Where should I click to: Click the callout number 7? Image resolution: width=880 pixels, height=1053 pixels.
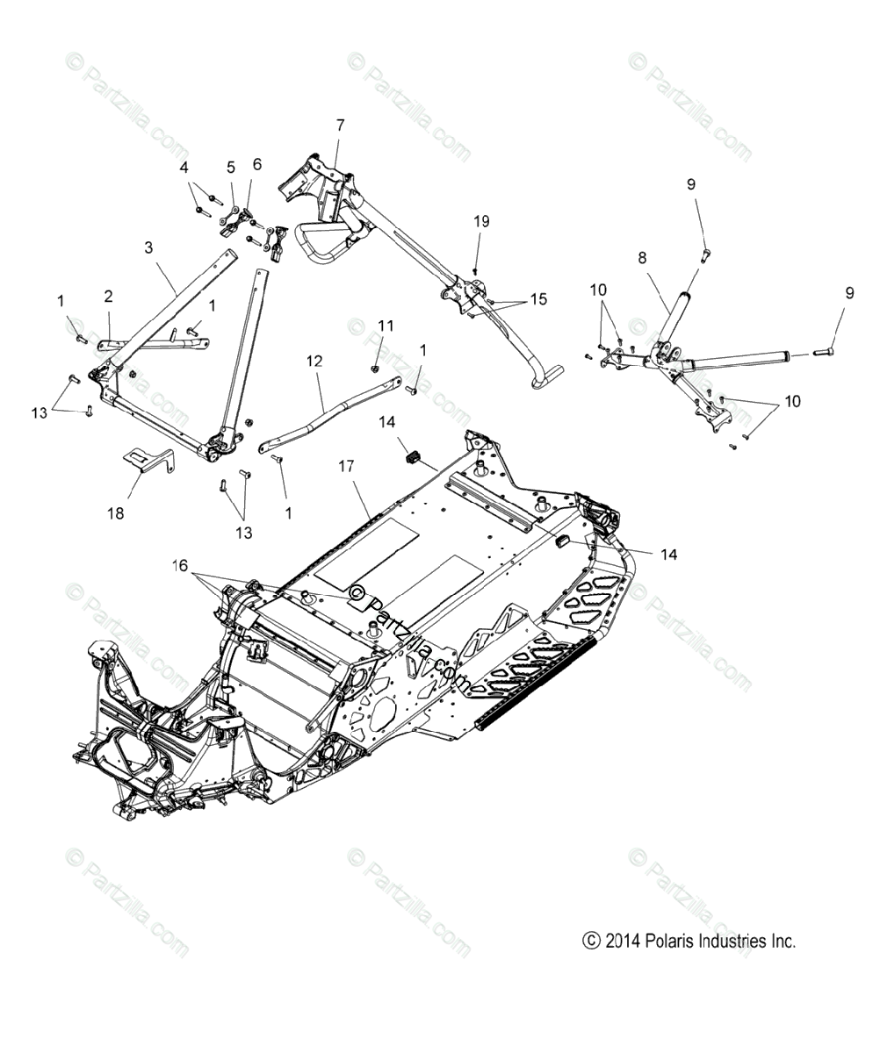(340, 125)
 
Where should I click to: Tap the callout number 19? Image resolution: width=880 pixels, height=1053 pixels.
(481, 222)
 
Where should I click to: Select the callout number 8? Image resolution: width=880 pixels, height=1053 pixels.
(642, 258)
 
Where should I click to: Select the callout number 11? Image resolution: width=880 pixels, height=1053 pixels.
(385, 326)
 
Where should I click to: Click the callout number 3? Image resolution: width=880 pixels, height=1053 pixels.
(148, 249)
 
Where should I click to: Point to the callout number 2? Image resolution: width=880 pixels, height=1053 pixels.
(108, 297)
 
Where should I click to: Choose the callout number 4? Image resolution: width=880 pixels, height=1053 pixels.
(184, 167)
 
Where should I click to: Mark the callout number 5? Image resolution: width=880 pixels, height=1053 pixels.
(231, 167)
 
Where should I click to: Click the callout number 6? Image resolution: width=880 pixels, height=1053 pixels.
(256, 163)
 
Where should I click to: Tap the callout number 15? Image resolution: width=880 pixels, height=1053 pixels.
(537, 299)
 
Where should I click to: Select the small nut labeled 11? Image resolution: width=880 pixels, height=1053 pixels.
(375, 367)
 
